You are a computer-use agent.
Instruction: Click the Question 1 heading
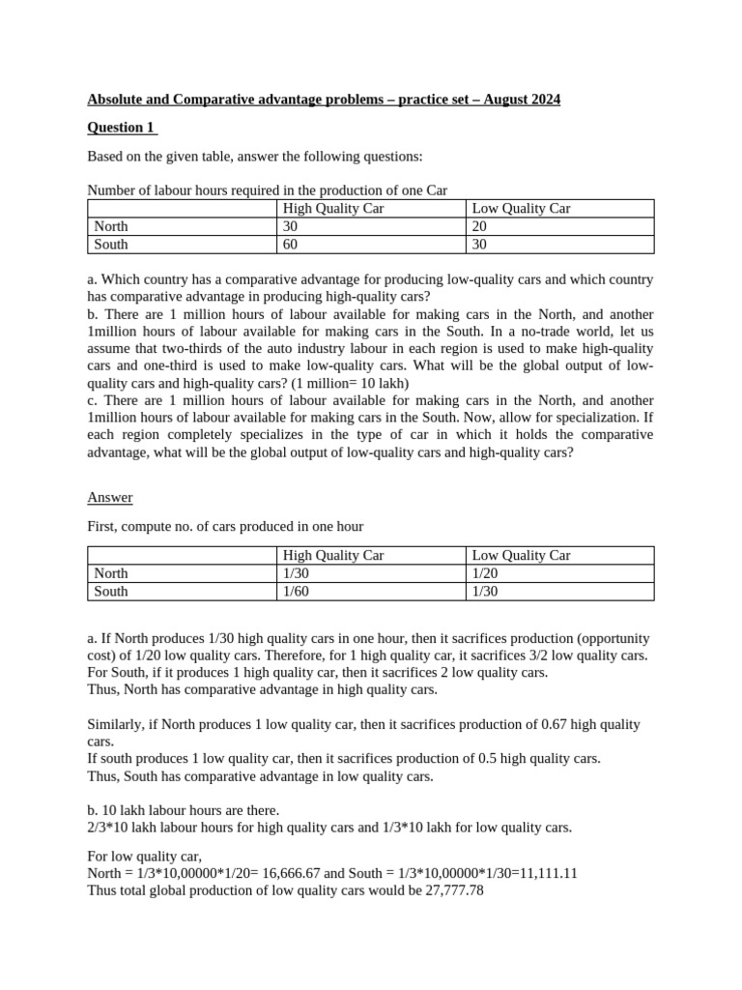coord(122,128)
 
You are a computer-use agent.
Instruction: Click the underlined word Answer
coord(110,497)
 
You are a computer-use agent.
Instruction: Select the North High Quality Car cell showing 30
coord(290,226)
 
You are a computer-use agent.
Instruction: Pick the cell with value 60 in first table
coord(290,245)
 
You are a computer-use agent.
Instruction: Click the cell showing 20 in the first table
coord(479,226)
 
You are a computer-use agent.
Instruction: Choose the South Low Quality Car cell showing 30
coord(479,245)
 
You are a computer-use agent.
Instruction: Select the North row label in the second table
coord(111,572)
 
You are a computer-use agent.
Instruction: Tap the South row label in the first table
coord(111,245)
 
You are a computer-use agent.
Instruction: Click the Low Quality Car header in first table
coord(521,209)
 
